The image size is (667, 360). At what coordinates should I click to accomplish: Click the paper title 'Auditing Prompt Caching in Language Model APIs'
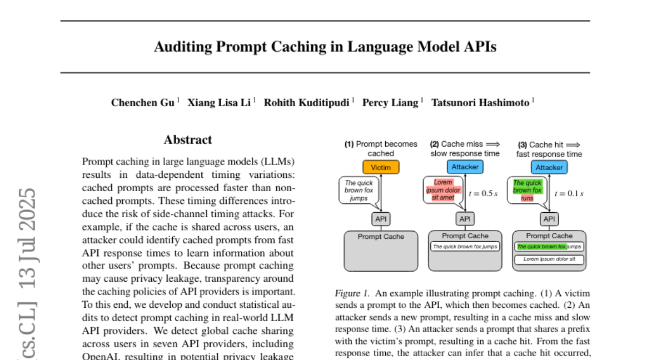[325, 47]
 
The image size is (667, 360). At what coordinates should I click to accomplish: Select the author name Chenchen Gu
[142, 102]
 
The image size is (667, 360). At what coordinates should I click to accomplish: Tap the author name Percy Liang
[390, 102]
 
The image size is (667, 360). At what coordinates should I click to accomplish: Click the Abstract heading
[188, 140]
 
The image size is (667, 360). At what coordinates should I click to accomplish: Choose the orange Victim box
[381, 167]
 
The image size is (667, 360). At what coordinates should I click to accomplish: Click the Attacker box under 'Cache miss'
[465, 167]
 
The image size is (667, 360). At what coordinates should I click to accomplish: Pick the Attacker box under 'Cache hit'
[549, 167]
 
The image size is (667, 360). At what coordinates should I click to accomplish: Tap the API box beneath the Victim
[381, 219]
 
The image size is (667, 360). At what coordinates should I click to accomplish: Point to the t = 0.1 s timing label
[569, 193]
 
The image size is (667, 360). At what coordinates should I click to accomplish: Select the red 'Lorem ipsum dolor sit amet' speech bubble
[440, 190]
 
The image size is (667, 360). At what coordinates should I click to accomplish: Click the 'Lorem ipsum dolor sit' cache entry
[549, 259]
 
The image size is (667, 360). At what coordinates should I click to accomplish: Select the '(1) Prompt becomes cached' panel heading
[381, 148]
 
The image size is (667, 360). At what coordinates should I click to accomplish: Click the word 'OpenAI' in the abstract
[98, 356]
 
